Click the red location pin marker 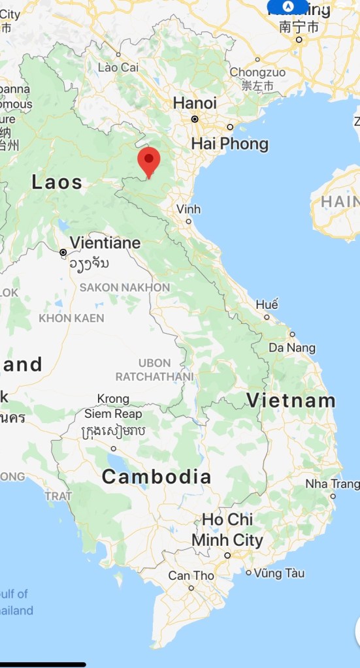click(150, 160)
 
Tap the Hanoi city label click(195, 103)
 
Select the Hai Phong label click(229, 144)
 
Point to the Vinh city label click(188, 210)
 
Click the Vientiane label click(105, 243)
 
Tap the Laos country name click(57, 182)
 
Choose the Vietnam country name click(291, 400)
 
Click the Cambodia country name click(157, 477)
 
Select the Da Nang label click(291, 347)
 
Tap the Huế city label click(267, 304)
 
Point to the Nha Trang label click(332, 484)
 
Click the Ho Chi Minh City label click(227, 530)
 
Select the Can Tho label click(191, 575)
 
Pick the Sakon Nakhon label click(124, 287)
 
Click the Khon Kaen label click(71, 318)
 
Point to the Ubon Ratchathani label click(154, 370)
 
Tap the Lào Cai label click(118, 67)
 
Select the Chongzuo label click(257, 72)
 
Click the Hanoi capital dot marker click(195, 119)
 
